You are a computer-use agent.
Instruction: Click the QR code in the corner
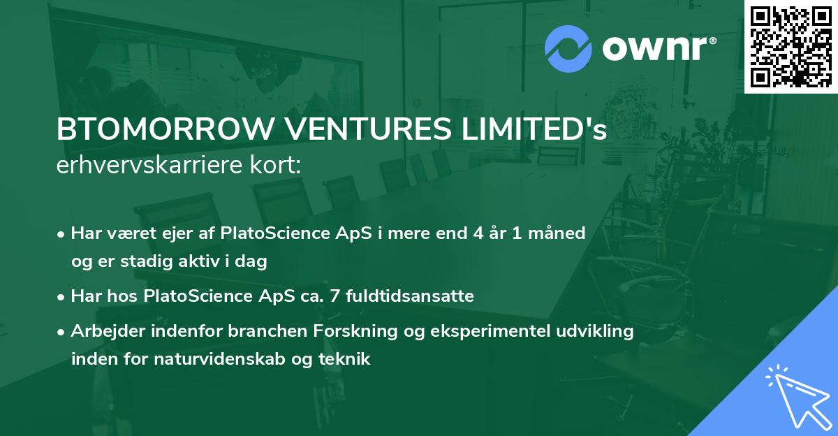pyautogui.click(x=791, y=46)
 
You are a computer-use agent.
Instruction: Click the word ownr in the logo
pyautogui.click(x=656, y=49)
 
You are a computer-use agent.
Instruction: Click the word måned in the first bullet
pyautogui.click(x=559, y=233)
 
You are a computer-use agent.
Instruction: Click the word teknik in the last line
pyautogui.click(x=348, y=360)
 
